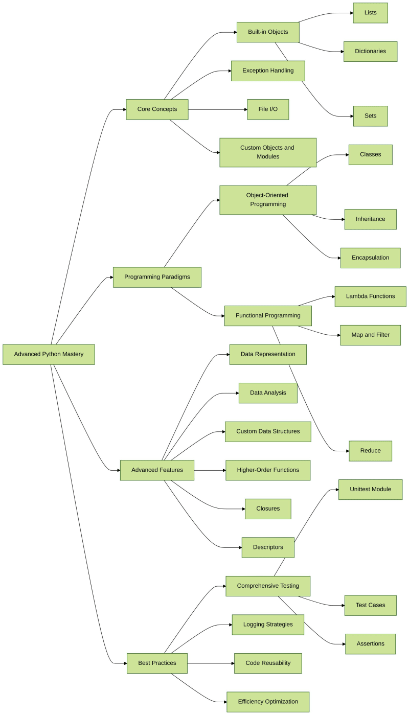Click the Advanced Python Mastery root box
[x=49, y=354]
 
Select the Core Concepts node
[x=157, y=109]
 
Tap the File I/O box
[x=268, y=109]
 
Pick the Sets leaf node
[x=370, y=116]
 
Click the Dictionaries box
[x=370, y=52]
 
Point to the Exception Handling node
[x=268, y=71]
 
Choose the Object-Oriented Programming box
[x=268, y=199]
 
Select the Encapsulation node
[x=370, y=258]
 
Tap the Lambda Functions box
[x=370, y=296]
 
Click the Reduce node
[x=370, y=451]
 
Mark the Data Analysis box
[x=268, y=393]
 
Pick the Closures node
[x=268, y=509]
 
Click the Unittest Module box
[x=370, y=489]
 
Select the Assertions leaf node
[x=370, y=643]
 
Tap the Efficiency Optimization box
[x=268, y=702]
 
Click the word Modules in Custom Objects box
[x=268, y=156]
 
